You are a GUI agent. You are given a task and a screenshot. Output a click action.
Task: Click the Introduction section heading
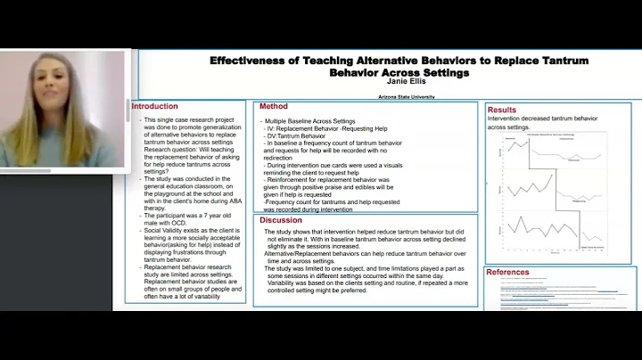pyautogui.click(x=155, y=107)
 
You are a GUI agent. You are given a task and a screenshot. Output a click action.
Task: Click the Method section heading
pyautogui.click(x=274, y=106)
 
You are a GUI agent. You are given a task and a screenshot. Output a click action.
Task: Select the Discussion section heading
pyautogui.click(x=281, y=220)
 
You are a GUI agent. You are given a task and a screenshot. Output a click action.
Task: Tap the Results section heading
pyautogui.click(x=502, y=110)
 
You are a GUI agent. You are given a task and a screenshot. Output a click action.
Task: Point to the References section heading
pyautogui.click(x=507, y=273)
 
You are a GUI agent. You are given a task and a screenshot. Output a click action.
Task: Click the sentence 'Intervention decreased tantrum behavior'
pyautogui.click(x=543, y=119)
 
